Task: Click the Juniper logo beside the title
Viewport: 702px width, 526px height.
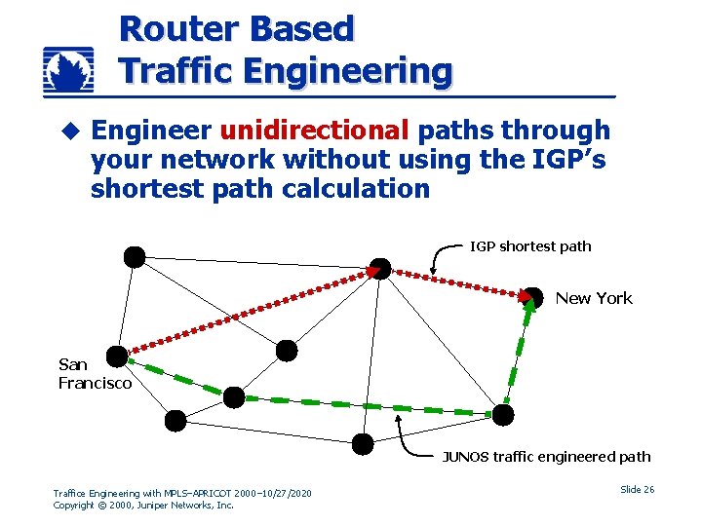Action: click(x=68, y=72)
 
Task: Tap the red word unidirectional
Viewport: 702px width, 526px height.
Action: click(x=313, y=131)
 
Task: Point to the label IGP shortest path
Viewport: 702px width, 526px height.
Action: click(x=530, y=246)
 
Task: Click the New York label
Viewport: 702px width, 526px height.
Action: click(x=594, y=299)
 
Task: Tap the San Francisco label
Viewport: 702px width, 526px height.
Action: click(x=94, y=374)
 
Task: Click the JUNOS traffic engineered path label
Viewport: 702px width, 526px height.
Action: click(x=546, y=457)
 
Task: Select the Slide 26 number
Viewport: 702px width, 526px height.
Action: click(x=637, y=489)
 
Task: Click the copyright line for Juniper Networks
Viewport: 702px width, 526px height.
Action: click(x=143, y=506)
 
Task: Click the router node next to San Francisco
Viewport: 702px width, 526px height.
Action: click(x=117, y=357)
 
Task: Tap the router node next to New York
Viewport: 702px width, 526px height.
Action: click(x=533, y=296)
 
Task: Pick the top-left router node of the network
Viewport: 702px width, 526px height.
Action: click(x=134, y=257)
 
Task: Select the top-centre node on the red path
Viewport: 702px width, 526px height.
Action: click(x=380, y=268)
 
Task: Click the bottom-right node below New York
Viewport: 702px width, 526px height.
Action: click(x=502, y=415)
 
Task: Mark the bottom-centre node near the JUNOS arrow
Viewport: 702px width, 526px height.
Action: click(x=362, y=444)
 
